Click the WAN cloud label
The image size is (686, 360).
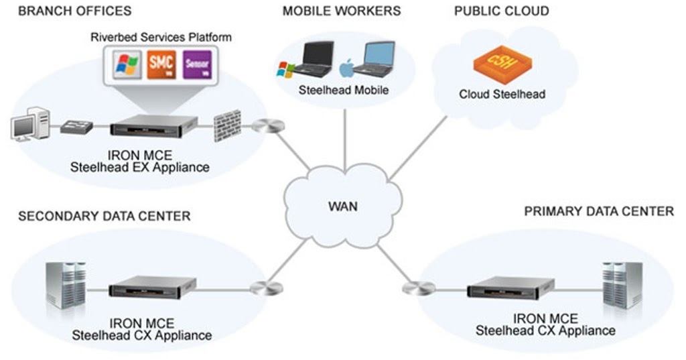click(x=342, y=206)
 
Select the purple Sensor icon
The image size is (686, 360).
click(x=197, y=64)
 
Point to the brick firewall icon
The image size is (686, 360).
click(x=227, y=125)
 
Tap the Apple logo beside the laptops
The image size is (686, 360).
click(x=346, y=68)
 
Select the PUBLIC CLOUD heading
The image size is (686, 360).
click(x=501, y=11)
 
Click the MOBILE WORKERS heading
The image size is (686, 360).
click(x=342, y=11)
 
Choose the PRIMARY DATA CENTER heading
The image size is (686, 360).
click(x=599, y=212)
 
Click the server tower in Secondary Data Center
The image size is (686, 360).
click(x=66, y=285)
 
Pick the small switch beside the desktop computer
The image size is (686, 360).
click(x=76, y=127)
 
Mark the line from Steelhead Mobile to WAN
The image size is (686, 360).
click(x=344, y=137)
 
